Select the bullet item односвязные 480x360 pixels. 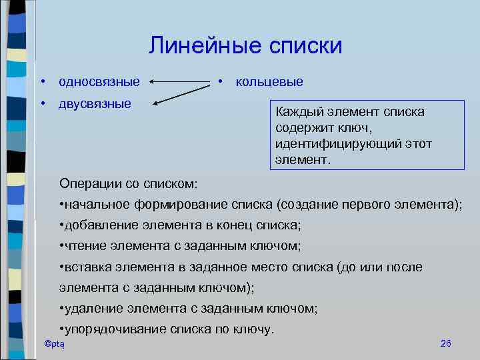click(x=99, y=82)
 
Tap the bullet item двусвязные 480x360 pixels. click(x=95, y=104)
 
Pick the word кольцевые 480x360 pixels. click(x=269, y=82)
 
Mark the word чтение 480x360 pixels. click(x=83, y=246)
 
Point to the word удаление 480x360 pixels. click(x=90, y=309)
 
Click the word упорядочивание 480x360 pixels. click(x=110, y=329)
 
